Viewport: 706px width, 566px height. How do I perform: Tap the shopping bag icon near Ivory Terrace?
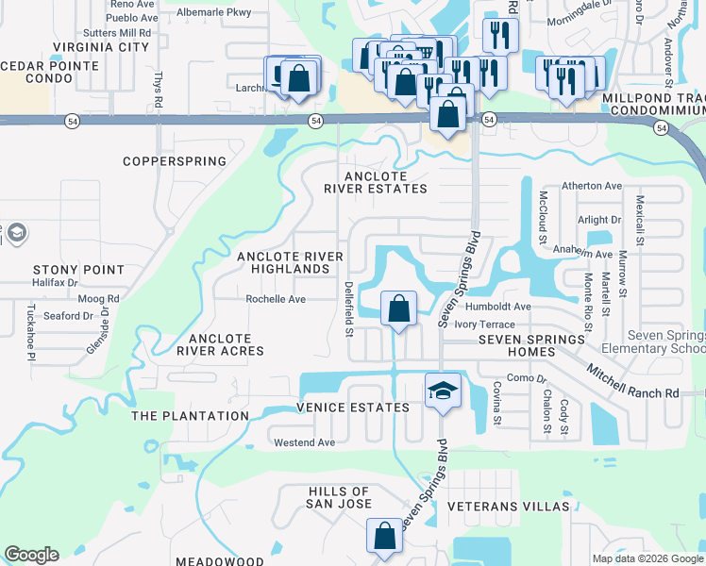(399, 308)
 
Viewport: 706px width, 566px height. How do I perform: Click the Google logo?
(31, 555)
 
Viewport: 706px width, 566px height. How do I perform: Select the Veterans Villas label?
(509, 507)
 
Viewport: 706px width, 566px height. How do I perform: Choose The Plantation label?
(190, 416)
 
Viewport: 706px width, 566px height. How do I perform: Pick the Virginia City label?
(102, 46)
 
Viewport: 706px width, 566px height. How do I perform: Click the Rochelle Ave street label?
(276, 299)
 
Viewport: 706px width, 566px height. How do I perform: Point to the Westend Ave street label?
(304, 442)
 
